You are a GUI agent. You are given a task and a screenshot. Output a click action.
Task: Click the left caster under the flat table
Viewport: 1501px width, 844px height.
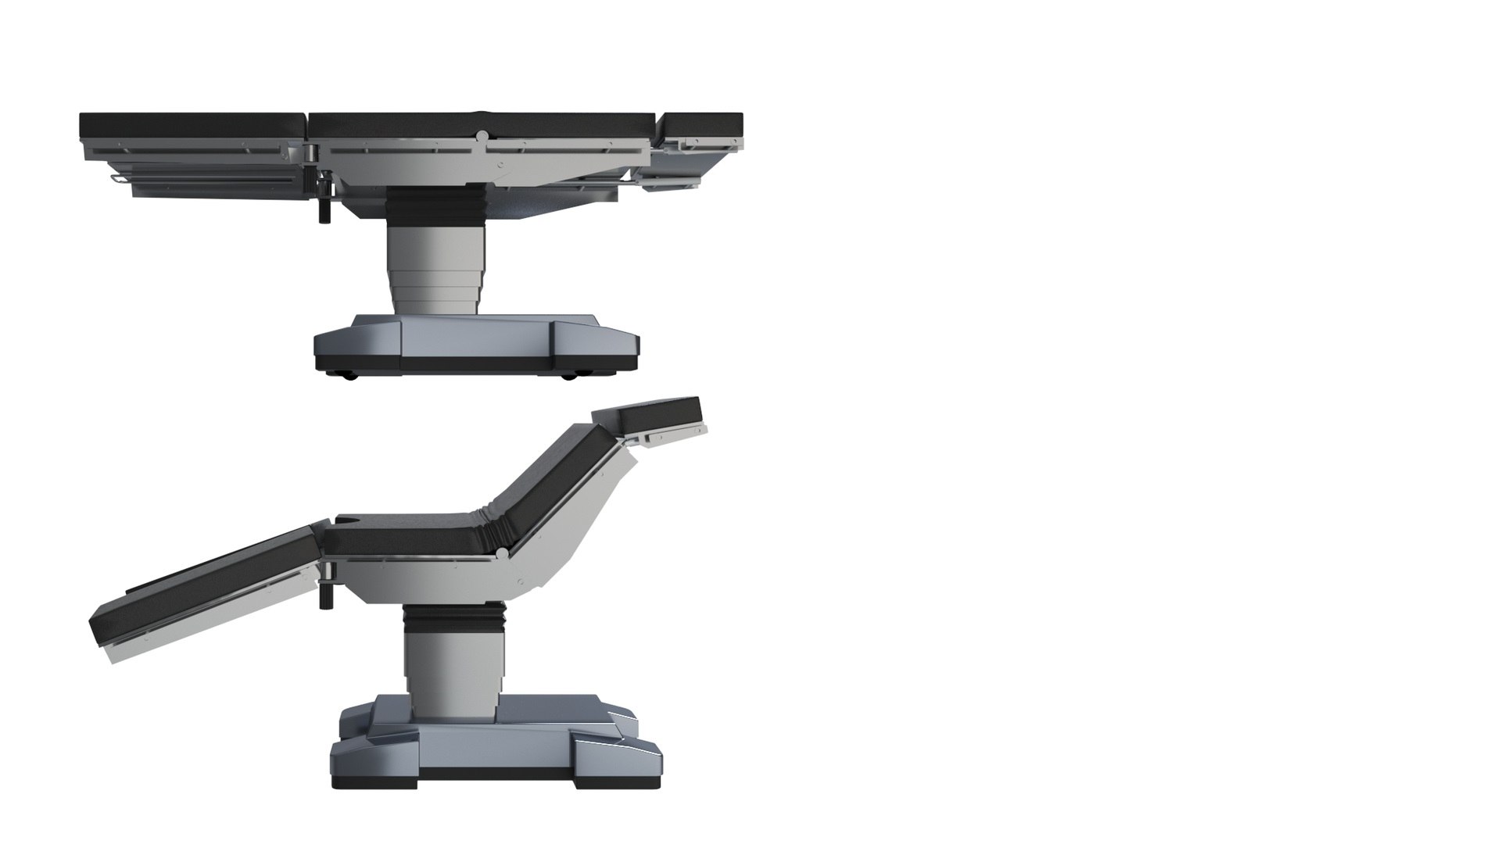click(348, 377)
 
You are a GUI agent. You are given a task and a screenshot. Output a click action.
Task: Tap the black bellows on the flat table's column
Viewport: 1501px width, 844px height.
click(435, 207)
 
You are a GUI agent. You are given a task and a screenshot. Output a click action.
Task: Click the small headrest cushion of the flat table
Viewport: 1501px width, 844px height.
click(702, 123)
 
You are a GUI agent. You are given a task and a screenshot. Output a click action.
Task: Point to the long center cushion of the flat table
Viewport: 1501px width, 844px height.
click(481, 124)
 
